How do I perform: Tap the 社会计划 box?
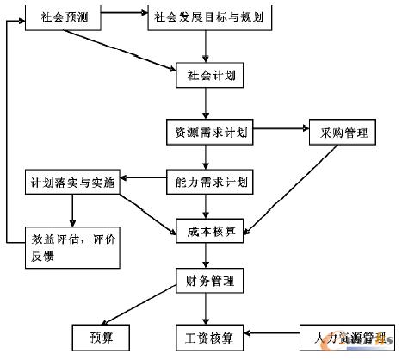(x=205, y=75)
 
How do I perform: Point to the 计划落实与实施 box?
(x=71, y=182)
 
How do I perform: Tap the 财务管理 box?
(x=205, y=282)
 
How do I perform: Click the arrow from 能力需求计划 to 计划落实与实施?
(x=143, y=182)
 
